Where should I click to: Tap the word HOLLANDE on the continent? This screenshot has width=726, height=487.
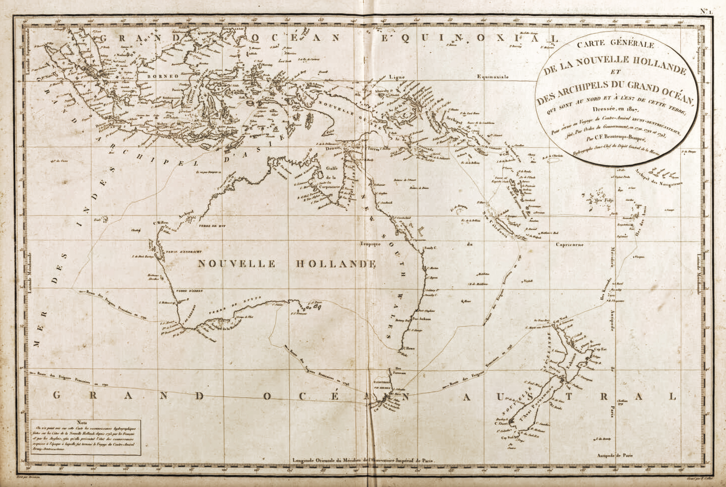click(x=336, y=264)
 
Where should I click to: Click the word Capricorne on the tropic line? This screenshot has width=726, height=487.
click(x=570, y=244)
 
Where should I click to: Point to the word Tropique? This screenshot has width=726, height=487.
click(x=370, y=244)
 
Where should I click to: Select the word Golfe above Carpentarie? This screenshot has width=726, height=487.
click(x=331, y=168)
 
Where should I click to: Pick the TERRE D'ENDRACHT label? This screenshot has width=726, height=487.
click(x=184, y=252)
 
